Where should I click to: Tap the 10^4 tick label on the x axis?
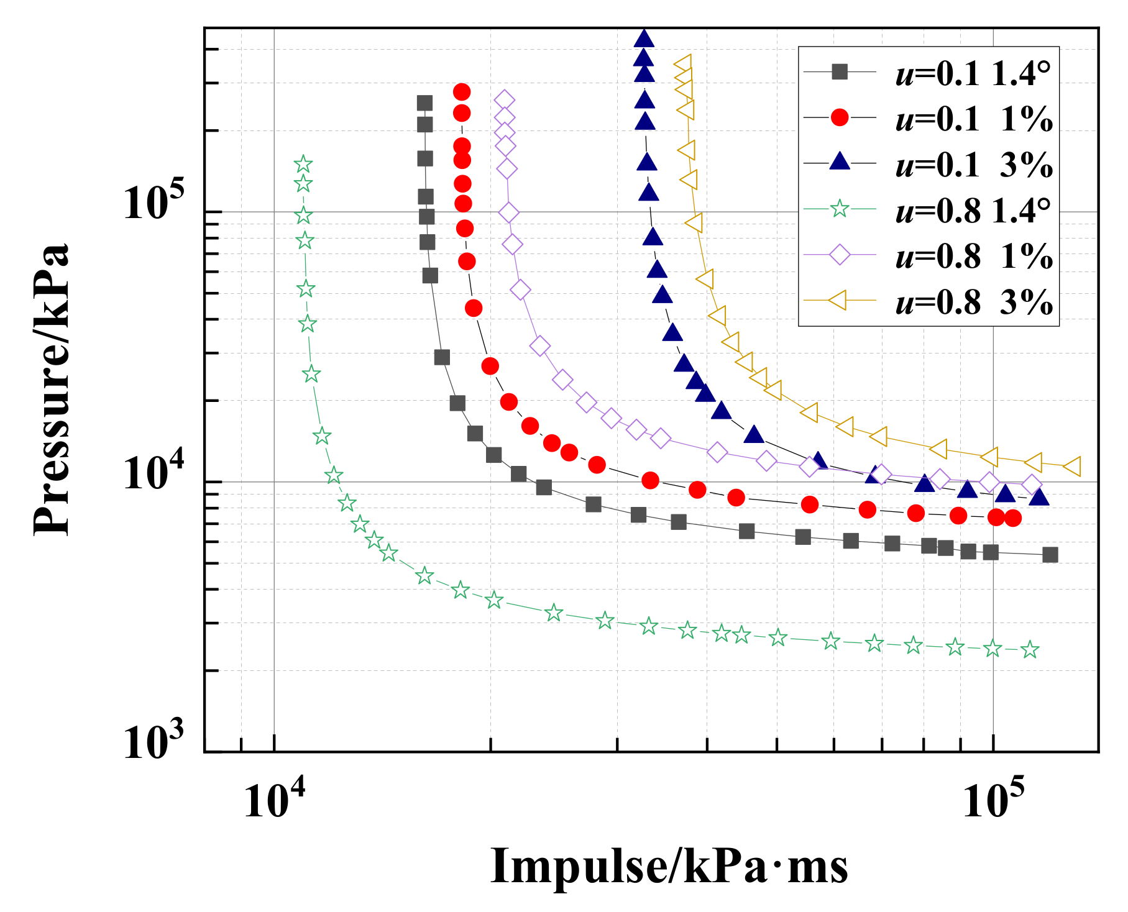pos(274,801)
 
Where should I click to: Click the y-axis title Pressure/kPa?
pos(51,390)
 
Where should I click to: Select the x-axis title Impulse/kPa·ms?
pos(669,867)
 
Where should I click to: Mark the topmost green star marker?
pos(303,164)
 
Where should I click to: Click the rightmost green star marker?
pos(1030,650)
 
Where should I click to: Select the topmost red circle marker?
pos(461,92)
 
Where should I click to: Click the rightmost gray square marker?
pos(1050,555)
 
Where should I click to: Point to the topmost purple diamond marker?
pos(505,99)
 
